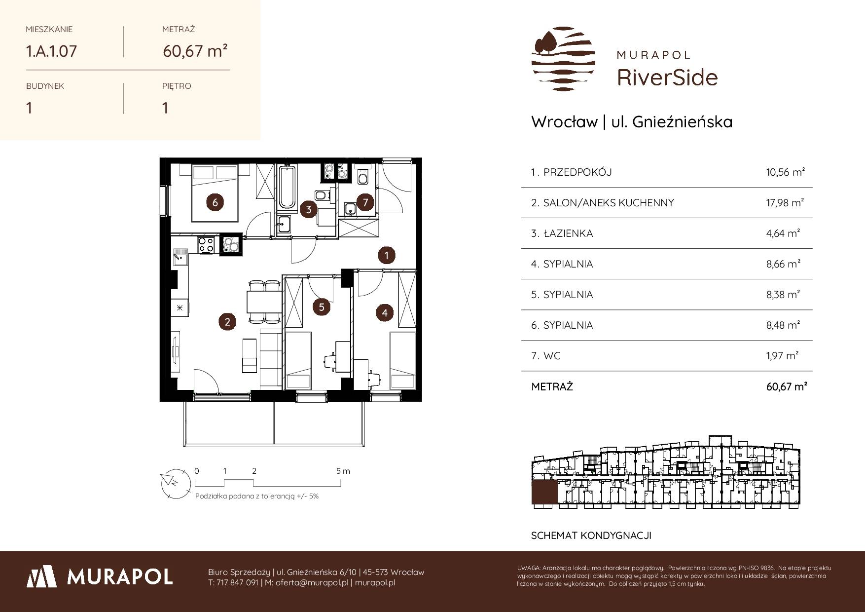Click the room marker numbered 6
point(215,202)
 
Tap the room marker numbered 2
point(227,322)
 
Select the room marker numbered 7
point(365,202)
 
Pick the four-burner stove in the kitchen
point(206,244)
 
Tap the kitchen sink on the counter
point(180,258)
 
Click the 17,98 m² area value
point(786,203)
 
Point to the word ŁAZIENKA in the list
point(568,233)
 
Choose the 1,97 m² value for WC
point(783,355)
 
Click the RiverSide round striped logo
point(563,59)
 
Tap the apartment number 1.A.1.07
point(51,51)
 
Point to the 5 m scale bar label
point(343,471)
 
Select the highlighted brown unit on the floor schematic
point(544,494)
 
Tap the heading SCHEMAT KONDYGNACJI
point(591,535)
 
